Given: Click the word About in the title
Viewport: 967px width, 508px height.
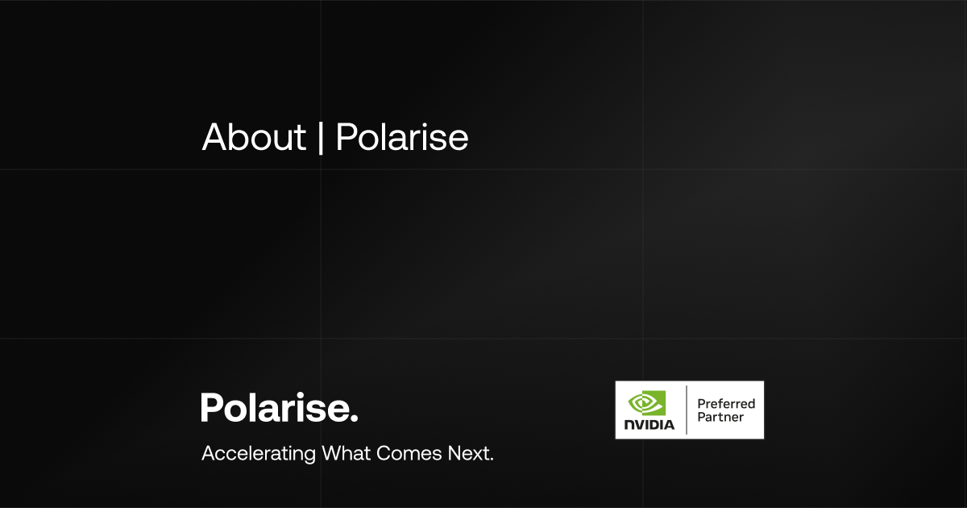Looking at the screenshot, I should pos(254,138).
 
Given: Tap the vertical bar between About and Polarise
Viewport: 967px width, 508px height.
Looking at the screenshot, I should pos(322,138).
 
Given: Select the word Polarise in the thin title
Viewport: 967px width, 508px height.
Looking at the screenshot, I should pos(401,138).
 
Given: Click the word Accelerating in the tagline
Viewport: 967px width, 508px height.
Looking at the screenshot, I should pos(259,453).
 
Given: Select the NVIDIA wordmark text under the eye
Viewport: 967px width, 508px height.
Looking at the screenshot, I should pos(649,424).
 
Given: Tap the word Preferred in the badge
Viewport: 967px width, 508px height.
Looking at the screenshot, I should pos(726,403).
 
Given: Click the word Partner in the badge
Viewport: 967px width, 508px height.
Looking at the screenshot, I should pos(720,417).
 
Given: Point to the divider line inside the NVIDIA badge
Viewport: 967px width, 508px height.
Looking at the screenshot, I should pos(686,410).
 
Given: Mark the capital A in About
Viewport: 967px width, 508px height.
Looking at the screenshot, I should pos(213,138).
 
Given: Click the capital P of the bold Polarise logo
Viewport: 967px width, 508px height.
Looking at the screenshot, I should pos(211,407).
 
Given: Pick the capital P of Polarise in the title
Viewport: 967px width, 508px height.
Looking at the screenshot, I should pos(346,138).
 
